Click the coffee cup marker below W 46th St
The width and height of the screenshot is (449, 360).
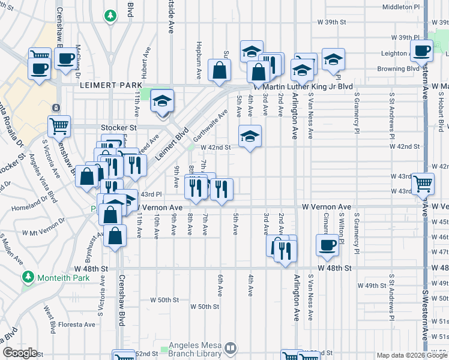(x=328, y=244)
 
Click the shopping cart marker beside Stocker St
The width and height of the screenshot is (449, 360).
(x=59, y=127)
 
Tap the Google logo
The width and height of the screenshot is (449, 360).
(x=20, y=352)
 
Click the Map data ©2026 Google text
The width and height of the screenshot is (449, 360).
(x=411, y=355)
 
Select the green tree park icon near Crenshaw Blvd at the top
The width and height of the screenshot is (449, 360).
(x=110, y=15)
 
